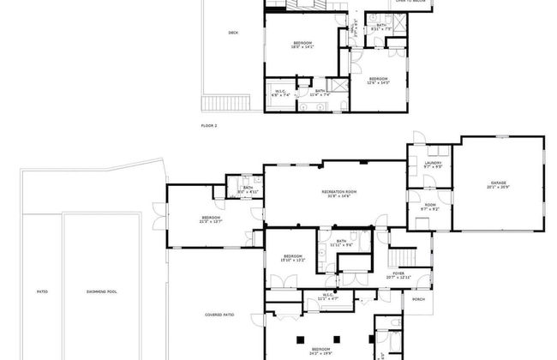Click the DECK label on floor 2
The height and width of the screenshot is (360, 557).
coord(233,33)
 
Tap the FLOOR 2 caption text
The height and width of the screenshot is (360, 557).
coord(209,125)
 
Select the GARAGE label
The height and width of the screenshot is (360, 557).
coord(499,183)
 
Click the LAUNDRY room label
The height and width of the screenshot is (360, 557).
coord(433,164)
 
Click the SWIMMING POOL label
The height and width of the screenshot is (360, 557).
coord(101,291)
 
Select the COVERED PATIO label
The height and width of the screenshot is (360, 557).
coord(219,315)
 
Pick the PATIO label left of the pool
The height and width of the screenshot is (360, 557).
coord(41,291)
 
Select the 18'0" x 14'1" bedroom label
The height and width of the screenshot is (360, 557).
coord(303,45)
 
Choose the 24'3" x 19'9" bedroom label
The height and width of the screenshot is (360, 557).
coord(320,351)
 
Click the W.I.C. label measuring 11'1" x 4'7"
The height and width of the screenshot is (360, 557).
coord(328,297)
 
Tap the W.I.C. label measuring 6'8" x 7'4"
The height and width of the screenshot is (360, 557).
coord(280,93)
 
